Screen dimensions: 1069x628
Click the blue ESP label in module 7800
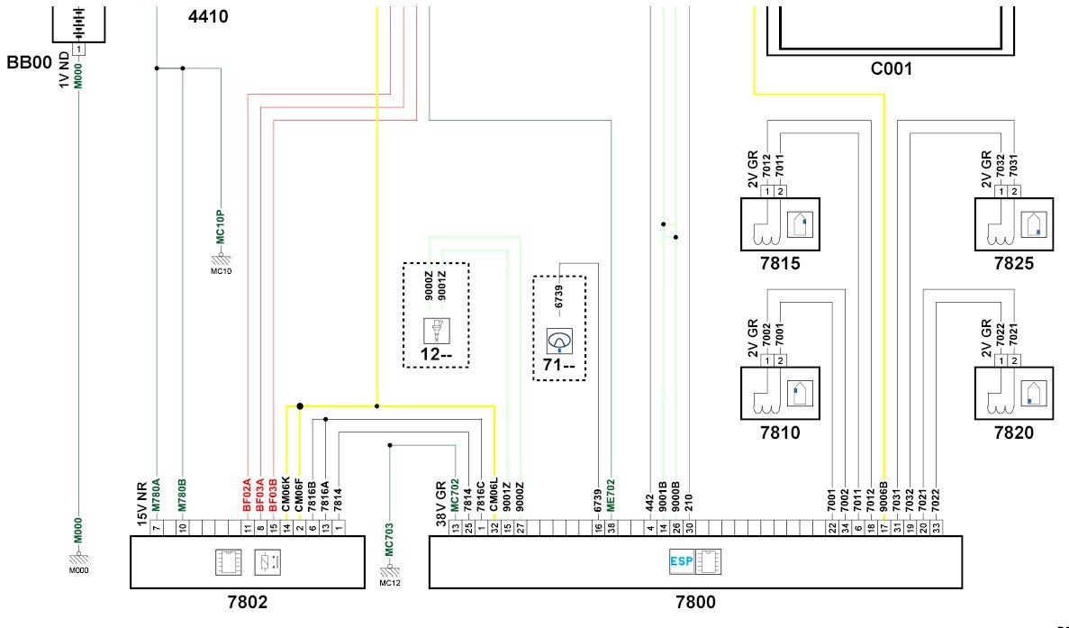tap(681, 562)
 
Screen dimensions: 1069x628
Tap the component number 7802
tap(248, 602)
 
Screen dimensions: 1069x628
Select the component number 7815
tap(780, 263)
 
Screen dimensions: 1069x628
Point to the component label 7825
tap(1014, 263)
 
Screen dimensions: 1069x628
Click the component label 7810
tap(780, 432)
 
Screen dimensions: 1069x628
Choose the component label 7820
tap(1014, 432)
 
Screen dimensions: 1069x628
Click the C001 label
tap(891, 68)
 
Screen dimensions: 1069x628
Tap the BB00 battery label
tap(30, 63)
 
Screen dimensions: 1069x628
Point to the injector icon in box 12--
tap(436, 331)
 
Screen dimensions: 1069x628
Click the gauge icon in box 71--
tap(559, 341)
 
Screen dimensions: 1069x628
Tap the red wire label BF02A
tap(248, 495)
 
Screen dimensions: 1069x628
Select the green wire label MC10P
tap(221, 226)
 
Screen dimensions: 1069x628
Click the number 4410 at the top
tap(208, 16)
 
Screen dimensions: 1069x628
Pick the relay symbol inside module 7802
tap(267, 562)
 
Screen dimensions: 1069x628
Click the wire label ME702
tap(611, 495)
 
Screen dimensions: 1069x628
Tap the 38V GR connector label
tap(441, 505)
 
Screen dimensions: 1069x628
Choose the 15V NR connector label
tap(142, 504)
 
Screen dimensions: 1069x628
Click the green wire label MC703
tap(389, 540)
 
